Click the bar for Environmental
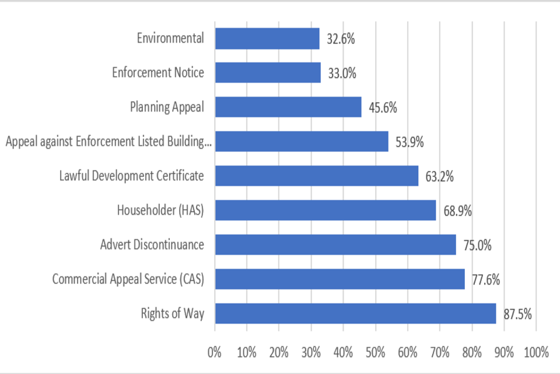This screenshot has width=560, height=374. tap(267, 39)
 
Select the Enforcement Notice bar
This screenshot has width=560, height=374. tap(268, 73)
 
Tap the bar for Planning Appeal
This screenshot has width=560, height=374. tap(288, 108)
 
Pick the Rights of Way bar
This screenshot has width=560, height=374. tap(355, 314)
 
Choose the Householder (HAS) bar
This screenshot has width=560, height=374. tap(325, 210)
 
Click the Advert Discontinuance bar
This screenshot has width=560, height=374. tap(335, 245)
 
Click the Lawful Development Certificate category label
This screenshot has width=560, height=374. tap(132, 176)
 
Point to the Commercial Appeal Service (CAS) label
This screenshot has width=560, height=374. tap(128, 279)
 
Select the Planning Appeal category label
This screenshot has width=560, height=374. tap(167, 108)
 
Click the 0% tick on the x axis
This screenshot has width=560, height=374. tap(215, 352)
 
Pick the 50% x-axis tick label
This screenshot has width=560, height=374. tap(375, 352)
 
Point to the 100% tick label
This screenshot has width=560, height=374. tap(536, 352)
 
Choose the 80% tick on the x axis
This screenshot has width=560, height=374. tap(471, 352)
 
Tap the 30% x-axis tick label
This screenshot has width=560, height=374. tap(311, 352)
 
